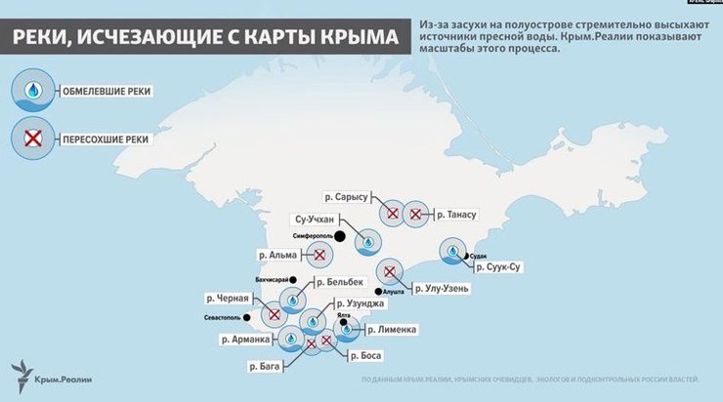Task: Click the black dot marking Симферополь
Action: click(x=340, y=236)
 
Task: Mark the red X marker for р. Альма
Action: click(x=319, y=256)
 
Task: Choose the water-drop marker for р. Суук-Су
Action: click(x=453, y=253)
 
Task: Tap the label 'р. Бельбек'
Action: click(x=349, y=282)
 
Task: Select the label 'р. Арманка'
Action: click(x=245, y=340)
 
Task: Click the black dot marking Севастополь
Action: click(x=248, y=316)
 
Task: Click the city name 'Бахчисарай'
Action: click(x=274, y=280)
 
